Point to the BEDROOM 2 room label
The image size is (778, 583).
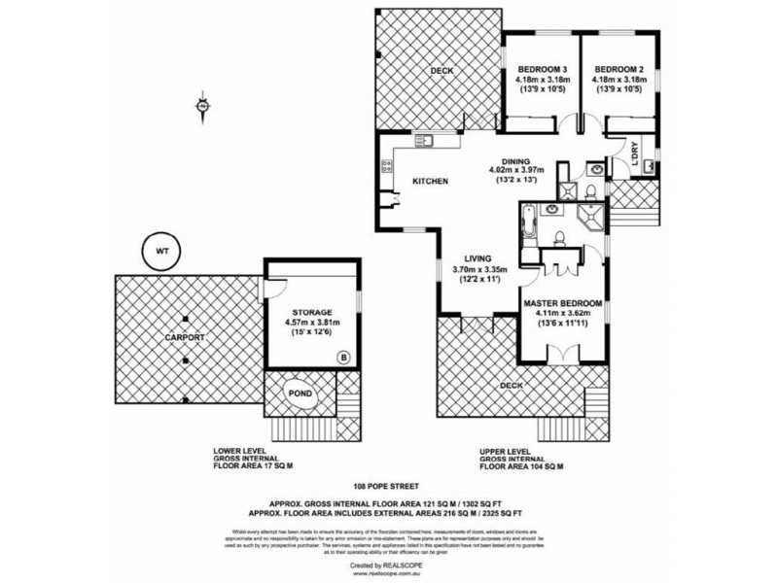tap(615, 69)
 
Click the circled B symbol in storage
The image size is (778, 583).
tap(341, 358)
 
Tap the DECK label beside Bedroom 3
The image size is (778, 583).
tap(442, 71)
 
